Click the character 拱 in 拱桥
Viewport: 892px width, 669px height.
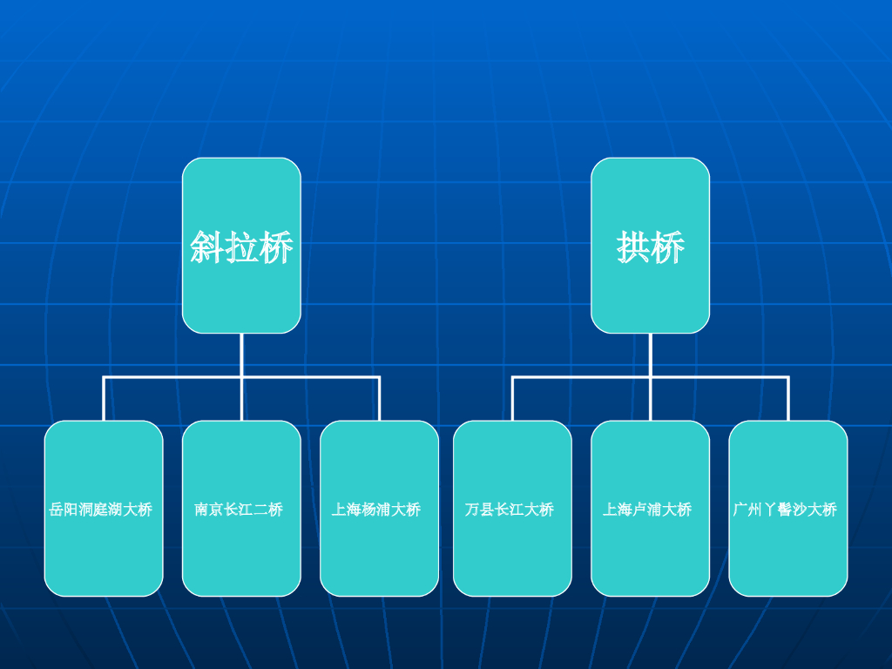(633, 248)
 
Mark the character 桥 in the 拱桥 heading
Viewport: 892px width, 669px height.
(667, 248)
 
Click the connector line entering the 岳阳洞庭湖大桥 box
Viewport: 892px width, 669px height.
(104, 399)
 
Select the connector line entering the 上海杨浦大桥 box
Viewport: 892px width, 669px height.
(379, 399)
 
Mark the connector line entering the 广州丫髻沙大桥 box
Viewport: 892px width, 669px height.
(787, 399)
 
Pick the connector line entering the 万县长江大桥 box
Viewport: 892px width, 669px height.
(512, 399)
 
